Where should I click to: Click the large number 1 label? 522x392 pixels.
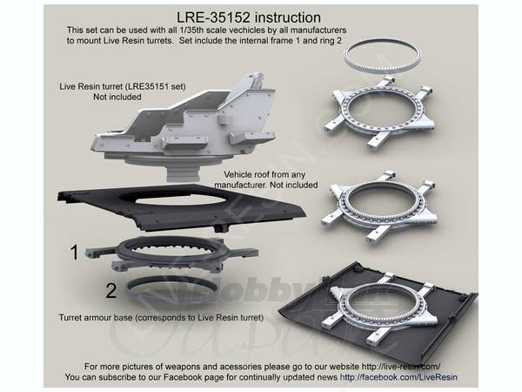75,252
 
